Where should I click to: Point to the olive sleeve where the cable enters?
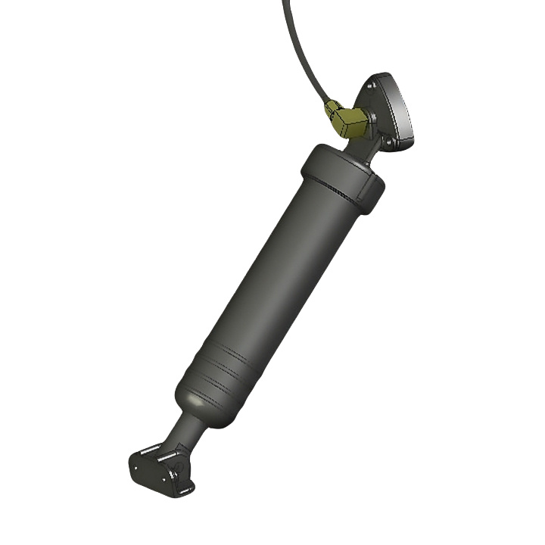tap(332, 108)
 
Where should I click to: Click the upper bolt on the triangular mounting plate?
tap(372, 88)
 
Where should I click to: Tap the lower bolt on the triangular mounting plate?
tap(387, 141)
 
